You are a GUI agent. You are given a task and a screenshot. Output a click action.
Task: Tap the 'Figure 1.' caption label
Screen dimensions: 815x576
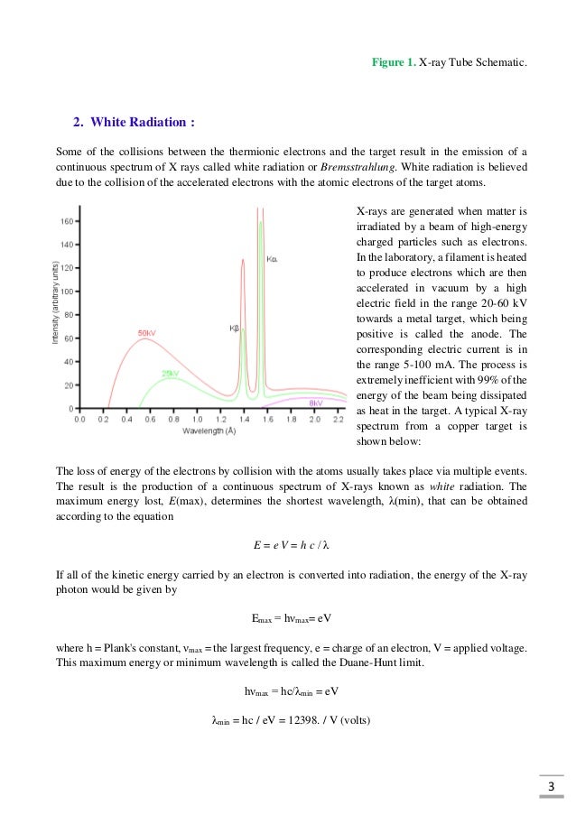pos(395,61)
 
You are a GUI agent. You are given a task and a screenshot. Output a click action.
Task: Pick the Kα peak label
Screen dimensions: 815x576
pos(273,260)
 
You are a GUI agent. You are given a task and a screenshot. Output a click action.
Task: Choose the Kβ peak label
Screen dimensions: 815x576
pos(234,328)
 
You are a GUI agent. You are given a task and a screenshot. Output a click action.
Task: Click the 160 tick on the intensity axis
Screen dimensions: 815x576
pos(67,220)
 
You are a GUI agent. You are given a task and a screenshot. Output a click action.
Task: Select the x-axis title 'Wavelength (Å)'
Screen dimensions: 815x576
pos(209,431)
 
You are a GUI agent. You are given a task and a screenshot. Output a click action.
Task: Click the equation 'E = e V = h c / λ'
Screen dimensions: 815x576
pos(288,546)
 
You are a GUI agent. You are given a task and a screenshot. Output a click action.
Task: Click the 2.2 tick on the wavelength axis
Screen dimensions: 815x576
pos(338,420)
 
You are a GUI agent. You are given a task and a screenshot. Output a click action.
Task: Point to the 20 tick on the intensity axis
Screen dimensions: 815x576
pos(69,385)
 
